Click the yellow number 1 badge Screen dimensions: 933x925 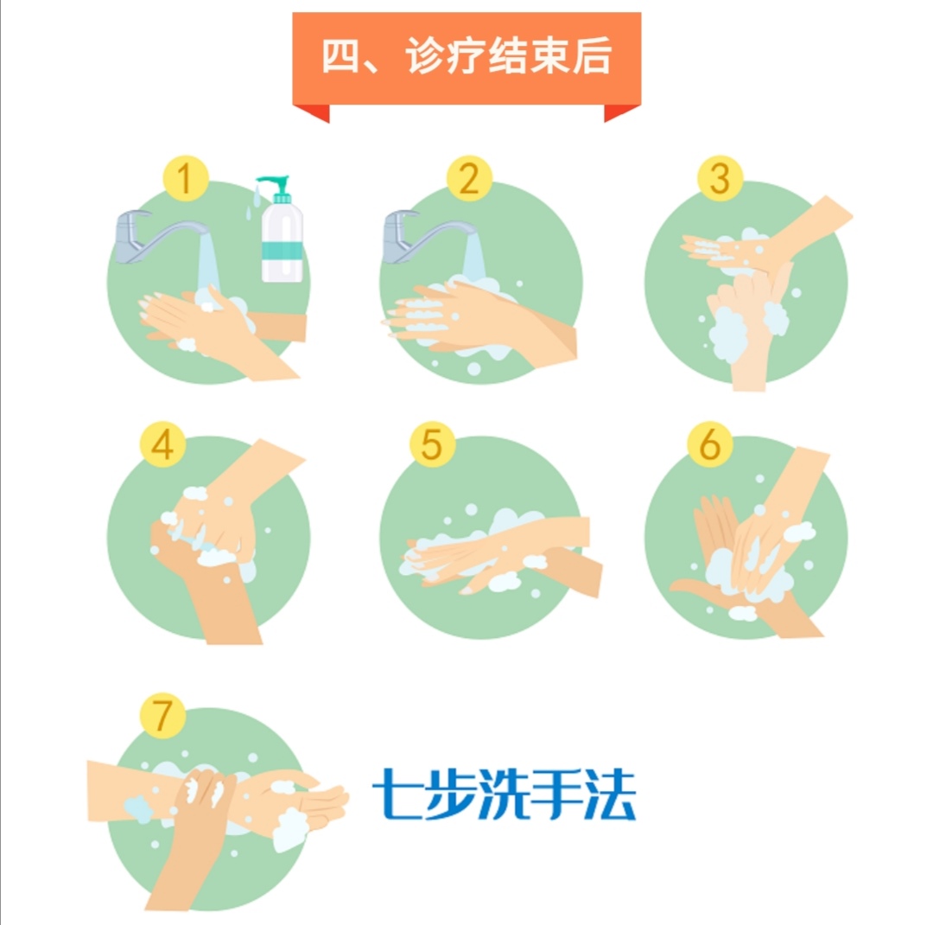[186, 178]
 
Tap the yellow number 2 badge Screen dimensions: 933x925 [469, 178]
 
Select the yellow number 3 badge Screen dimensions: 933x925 [720, 178]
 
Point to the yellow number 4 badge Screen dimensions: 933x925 [162, 444]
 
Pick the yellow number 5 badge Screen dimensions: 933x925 [433, 444]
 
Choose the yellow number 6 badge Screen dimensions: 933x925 [710, 444]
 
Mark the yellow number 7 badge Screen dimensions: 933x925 [162, 715]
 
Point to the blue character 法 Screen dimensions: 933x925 [610, 794]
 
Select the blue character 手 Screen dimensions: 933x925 [556, 794]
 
